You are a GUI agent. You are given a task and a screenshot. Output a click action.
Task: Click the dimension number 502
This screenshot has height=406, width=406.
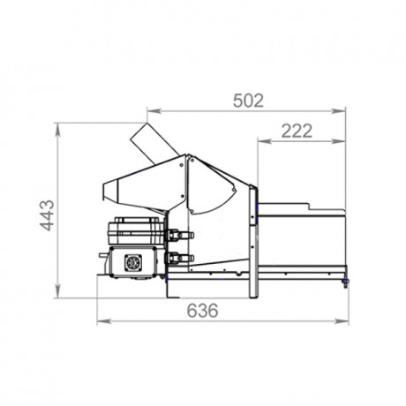[x=248, y=101]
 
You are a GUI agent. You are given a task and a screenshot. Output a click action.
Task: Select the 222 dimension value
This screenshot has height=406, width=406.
[x=297, y=132]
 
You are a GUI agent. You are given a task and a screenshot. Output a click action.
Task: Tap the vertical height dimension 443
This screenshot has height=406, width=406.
[x=47, y=214]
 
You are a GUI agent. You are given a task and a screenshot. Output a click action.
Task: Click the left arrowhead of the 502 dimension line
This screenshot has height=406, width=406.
[x=151, y=111]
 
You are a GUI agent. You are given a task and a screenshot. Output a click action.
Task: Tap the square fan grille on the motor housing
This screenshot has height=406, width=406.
[x=134, y=263]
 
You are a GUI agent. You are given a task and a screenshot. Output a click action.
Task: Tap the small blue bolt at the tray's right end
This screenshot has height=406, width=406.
[x=345, y=282]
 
